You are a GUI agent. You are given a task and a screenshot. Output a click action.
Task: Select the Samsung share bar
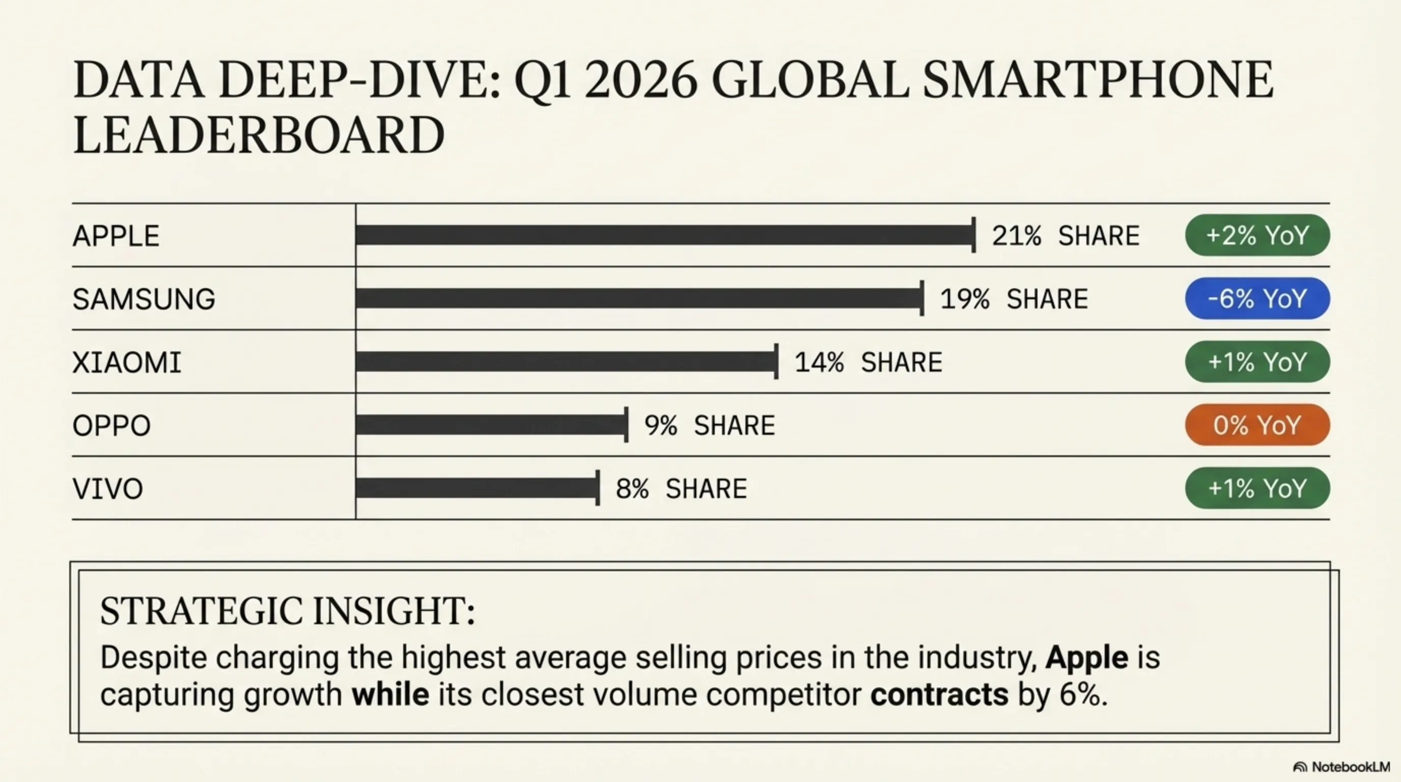coord(639,298)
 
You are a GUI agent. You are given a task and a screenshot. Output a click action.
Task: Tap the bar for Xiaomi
coord(566,361)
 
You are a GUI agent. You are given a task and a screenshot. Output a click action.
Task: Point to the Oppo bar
coord(491,425)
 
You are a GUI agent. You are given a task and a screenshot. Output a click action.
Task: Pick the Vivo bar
coord(477,488)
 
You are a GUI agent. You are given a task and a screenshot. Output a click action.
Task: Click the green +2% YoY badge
coord(1257,235)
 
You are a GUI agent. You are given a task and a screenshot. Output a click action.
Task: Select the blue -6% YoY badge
coord(1257,298)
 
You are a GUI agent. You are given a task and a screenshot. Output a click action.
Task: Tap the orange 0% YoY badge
coord(1257,425)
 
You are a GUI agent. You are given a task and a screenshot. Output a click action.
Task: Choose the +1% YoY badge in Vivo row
coord(1257,488)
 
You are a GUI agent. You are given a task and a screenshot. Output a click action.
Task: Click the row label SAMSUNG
coord(144,299)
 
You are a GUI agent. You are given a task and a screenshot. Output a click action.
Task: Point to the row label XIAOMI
coord(127,362)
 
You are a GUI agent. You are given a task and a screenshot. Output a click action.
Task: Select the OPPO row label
coord(111,425)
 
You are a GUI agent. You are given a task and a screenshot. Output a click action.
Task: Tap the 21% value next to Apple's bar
coord(1016,236)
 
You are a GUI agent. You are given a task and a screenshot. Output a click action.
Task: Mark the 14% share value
coord(819,362)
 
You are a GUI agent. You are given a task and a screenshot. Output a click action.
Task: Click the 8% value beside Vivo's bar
coord(632,488)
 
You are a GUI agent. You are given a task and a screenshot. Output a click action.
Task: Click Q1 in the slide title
coord(542,80)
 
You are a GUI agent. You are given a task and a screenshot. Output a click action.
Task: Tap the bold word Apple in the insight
coord(1086,657)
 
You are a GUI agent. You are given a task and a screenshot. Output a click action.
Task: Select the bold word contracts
coord(939,695)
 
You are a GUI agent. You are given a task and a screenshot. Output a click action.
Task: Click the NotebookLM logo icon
coord(1300,767)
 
